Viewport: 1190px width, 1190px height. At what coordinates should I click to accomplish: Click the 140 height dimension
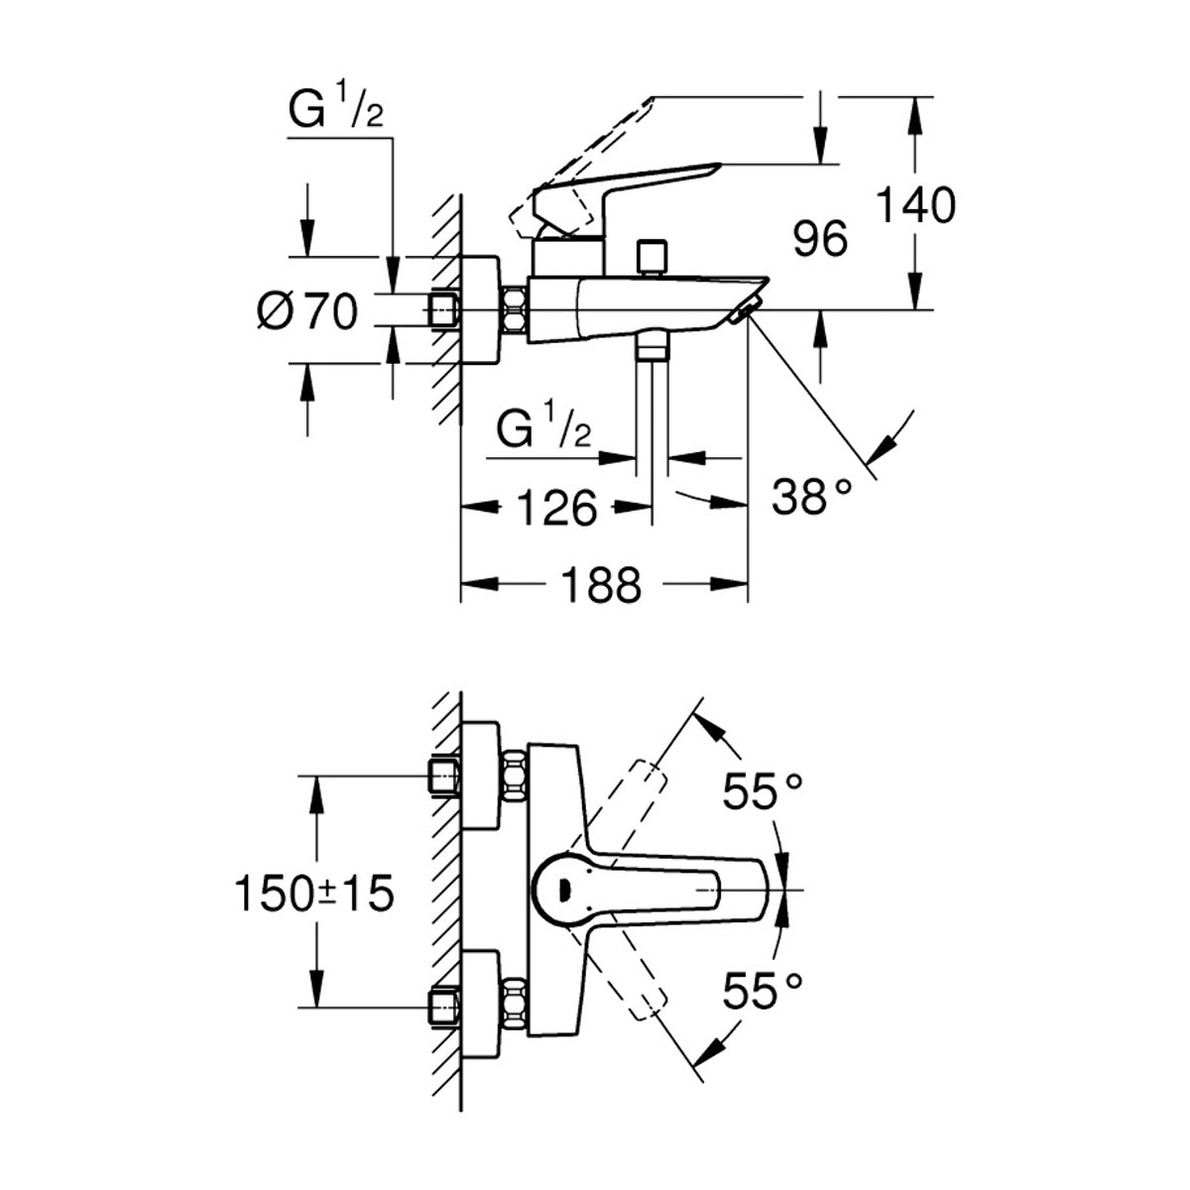[x=916, y=205]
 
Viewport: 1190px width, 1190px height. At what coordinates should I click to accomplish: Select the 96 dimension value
[x=821, y=240]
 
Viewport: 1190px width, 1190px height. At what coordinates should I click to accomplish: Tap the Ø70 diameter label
[x=306, y=312]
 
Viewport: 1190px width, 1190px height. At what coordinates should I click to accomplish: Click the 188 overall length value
[x=602, y=585]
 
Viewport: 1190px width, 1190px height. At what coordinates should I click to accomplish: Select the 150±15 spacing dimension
[x=313, y=893]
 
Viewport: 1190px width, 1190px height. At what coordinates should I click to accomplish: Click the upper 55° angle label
[x=762, y=791]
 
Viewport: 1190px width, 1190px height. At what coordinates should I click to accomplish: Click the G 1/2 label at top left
[x=335, y=111]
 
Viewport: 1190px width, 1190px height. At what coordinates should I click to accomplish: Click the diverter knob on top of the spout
[x=652, y=257]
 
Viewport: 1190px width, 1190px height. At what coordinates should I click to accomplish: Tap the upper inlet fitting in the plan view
[x=442, y=776]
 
